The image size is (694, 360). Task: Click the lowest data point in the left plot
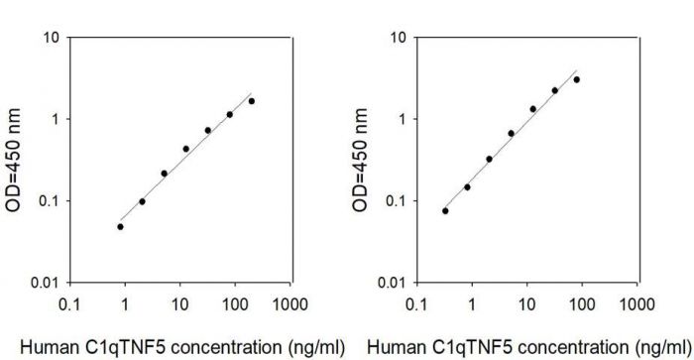pos(120,226)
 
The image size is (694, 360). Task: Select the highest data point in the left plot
pos(252,101)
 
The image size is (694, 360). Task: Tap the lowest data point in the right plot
pos(445,210)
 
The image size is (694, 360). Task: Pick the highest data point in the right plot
pos(576,79)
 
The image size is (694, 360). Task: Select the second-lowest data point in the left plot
pos(142,201)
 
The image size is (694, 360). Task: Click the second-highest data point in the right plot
pos(555,90)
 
